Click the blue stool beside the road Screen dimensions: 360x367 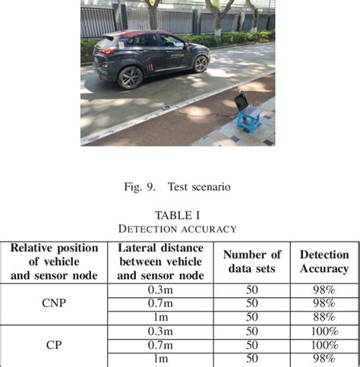249,119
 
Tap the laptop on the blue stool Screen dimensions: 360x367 242,102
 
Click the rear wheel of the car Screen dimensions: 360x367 131,76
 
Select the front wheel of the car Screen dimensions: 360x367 201,62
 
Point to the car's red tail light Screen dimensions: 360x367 107,50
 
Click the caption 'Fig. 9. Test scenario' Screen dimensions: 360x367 179,185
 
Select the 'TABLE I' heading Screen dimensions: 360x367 179,214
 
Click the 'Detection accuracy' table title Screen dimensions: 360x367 179,228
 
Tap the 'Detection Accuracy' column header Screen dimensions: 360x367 324,261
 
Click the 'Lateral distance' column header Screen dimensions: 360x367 160,261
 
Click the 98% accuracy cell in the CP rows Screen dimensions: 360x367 324,359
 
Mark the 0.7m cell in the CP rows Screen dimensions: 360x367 160,345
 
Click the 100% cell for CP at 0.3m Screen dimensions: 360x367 324,331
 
